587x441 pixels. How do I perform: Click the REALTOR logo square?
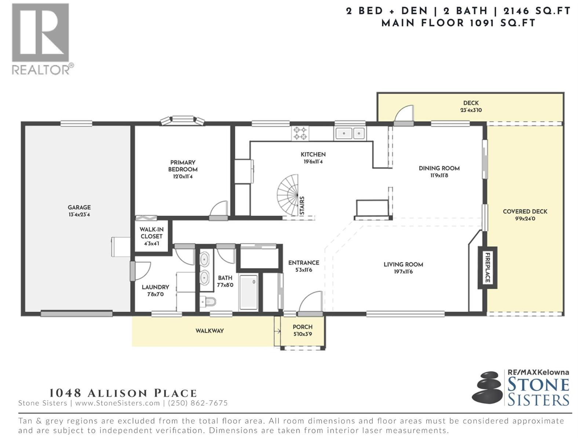[x=40, y=32]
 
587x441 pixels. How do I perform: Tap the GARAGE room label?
[x=79, y=207]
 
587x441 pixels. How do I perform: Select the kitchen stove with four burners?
[x=300, y=133]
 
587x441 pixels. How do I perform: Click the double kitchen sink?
[x=350, y=133]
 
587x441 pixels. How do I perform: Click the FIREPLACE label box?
[x=487, y=268]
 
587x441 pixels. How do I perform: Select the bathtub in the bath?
[x=248, y=292]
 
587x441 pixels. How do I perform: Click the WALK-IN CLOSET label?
[x=152, y=233]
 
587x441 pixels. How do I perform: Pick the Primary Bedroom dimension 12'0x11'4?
[x=183, y=176]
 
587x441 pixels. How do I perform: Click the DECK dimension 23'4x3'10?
[x=471, y=110]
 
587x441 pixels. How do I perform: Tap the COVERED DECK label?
[x=525, y=212]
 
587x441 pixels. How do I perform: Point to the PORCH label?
[x=302, y=327]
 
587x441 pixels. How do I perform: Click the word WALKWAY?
[x=209, y=331]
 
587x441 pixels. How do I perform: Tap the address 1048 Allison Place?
[x=123, y=393]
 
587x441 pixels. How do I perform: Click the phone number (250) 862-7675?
[x=198, y=403]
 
